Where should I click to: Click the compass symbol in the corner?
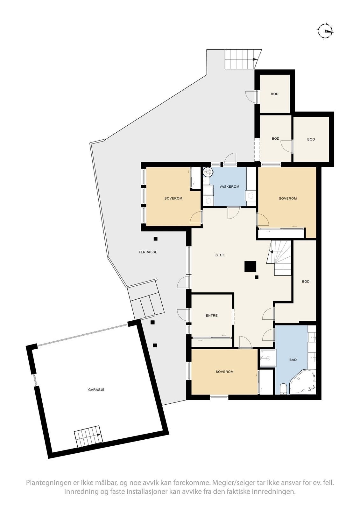pos(325,31)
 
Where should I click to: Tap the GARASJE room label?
pos(96,389)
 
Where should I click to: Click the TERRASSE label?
pos(148,252)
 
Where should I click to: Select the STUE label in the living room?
pos(220,255)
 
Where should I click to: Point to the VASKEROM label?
pos(229,187)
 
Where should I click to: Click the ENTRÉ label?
pos(211,316)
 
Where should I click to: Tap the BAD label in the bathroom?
pos(293,360)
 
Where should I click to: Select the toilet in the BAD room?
pos(283,389)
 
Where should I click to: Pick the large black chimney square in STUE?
pos(251,266)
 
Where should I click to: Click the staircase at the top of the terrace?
pos(241,59)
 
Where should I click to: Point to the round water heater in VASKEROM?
pos(208,172)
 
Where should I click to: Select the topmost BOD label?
pos(274,94)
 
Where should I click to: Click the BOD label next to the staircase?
pos(306,282)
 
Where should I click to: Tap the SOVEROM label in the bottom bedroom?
pos(224,372)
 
